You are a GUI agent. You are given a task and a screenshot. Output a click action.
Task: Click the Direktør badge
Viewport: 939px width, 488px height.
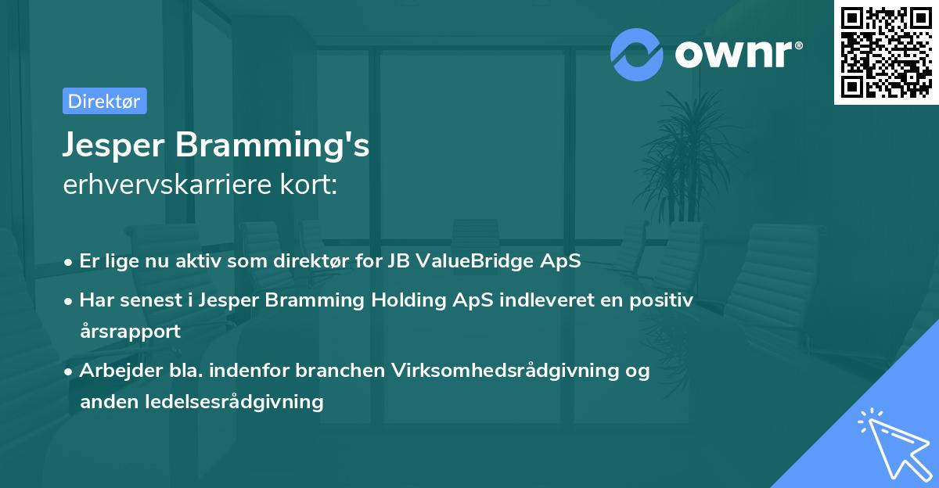pos(104,102)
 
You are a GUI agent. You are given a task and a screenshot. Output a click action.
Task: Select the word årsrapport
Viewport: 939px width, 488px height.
pos(130,332)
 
